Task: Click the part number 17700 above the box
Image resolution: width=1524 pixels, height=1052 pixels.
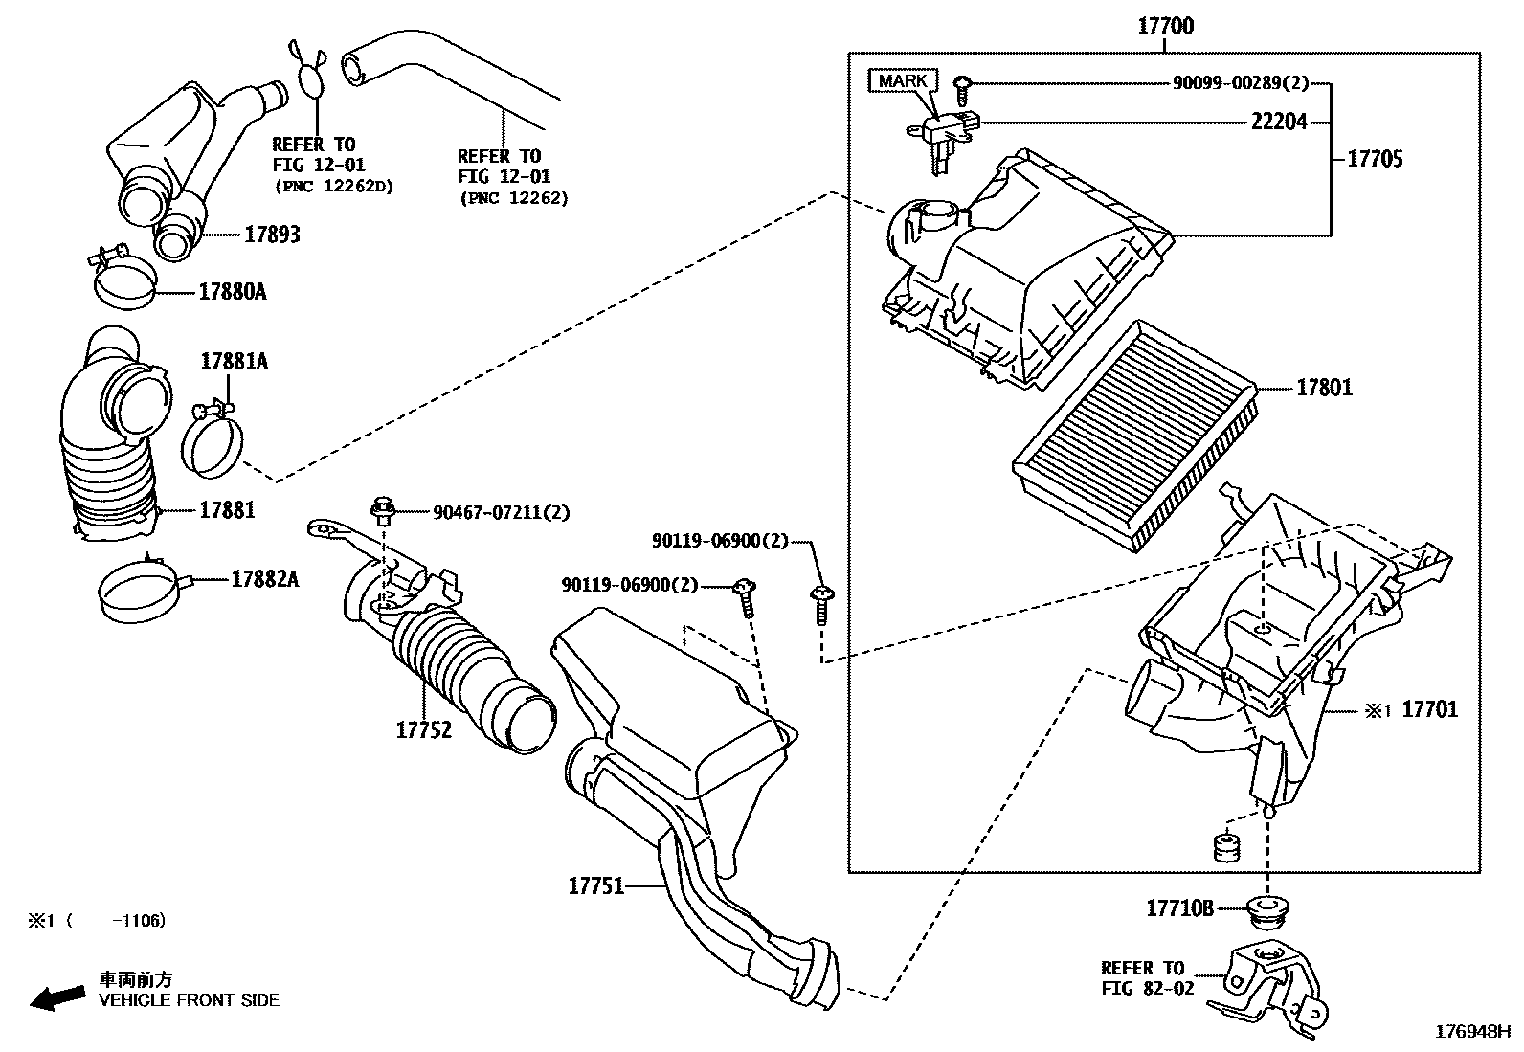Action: [1165, 26]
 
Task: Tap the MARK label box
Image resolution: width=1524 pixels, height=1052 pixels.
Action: [902, 80]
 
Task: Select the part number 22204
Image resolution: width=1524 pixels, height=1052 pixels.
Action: [1278, 123]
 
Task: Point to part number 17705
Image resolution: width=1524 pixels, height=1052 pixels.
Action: [1375, 159]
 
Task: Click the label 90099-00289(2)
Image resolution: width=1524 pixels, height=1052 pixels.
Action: [1240, 83]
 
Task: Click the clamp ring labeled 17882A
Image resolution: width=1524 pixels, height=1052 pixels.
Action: [139, 592]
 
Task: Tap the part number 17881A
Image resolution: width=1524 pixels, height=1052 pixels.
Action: [234, 362]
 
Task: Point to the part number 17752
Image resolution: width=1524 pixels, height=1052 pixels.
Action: [423, 730]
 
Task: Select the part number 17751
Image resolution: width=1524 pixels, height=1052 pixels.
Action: [595, 885]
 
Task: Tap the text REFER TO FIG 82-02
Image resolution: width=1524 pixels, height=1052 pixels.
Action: [1147, 977]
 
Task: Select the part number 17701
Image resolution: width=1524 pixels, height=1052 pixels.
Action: [1429, 709]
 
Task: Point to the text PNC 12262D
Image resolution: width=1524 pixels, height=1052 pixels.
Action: [334, 185]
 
